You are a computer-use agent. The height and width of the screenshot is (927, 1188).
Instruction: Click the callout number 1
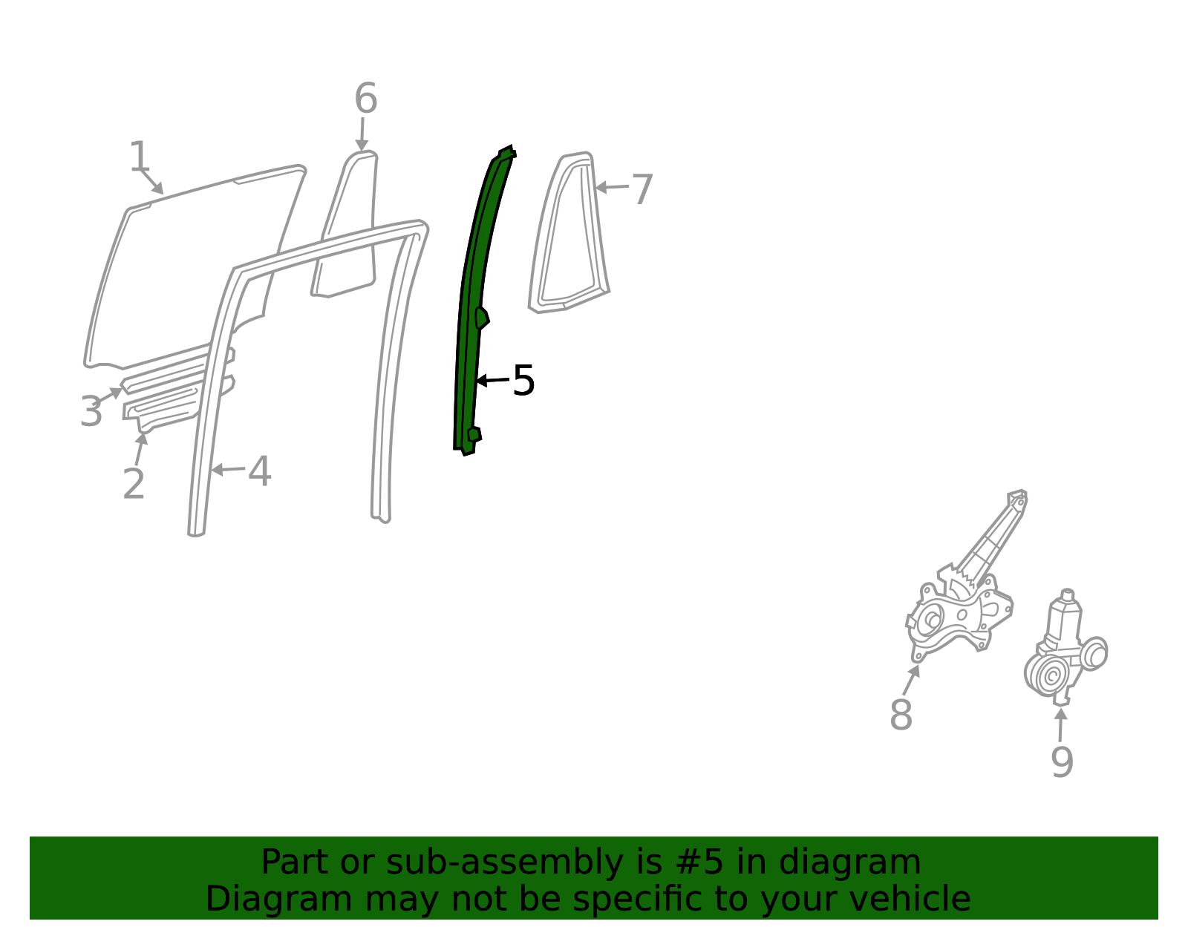click(x=139, y=156)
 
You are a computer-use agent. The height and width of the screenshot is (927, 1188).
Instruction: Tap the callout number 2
click(x=134, y=483)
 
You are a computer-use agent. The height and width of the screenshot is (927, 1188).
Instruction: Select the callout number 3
click(x=91, y=410)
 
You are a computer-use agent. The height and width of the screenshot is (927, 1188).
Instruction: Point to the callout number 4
click(x=260, y=471)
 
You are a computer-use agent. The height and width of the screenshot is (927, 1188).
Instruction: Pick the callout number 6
click(x=366, y=98)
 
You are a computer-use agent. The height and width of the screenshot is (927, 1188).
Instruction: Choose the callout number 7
click(x=642, y=189)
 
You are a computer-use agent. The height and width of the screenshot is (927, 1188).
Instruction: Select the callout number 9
click(x=1063, y=762)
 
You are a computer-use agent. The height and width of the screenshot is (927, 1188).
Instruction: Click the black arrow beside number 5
click(x=492, y=380)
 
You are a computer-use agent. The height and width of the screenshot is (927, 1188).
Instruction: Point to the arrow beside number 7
click(x=612, y=187)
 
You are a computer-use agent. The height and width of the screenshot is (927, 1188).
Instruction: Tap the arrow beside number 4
click(x=228, y=469)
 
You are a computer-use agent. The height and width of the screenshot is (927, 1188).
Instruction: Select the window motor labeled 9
click(x=1065, y=647)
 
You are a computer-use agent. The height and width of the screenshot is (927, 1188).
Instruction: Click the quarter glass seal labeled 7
click(x=569, y=233)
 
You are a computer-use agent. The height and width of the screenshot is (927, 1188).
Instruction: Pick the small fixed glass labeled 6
click(x=345, y=224)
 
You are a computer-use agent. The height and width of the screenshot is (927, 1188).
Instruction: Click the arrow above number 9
click(x=1060, y=724)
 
